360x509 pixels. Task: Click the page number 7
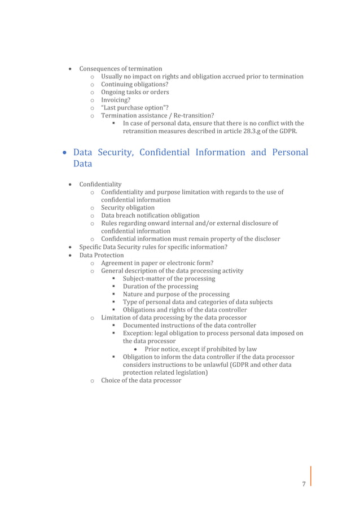point(304,484)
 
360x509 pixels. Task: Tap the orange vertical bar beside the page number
point(310,475)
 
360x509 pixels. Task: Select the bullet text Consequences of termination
point(121,69)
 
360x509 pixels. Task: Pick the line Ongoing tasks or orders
point(135,93)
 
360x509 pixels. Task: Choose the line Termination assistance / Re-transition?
point(157,116)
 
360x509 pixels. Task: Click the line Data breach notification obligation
point(150,216)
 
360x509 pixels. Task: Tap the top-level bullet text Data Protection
point(102,255)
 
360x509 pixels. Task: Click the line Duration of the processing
point(161,287)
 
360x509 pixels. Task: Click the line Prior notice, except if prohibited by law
point(200,349)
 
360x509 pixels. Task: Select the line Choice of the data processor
point(141,380)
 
